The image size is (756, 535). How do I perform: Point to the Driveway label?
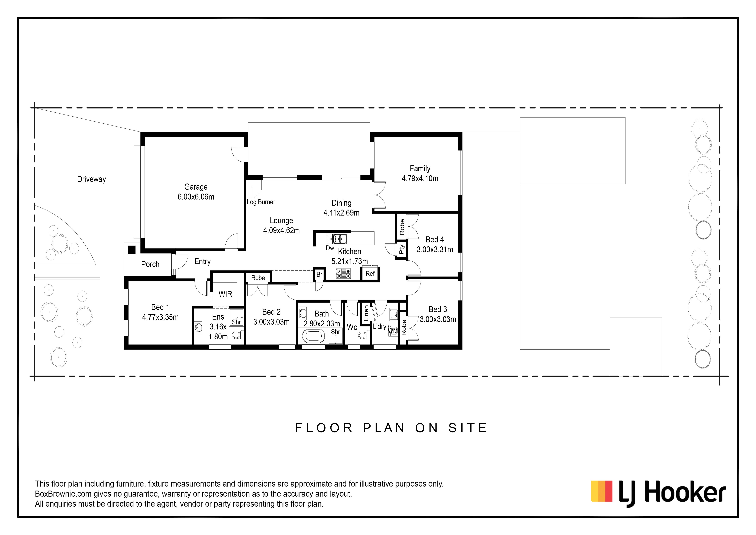(91, 179)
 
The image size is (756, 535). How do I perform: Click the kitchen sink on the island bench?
(339, 238)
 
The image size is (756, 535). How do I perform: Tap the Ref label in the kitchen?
(370, 273)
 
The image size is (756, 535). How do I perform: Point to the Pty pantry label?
(401, 249)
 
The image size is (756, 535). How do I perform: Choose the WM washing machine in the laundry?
(393, 330)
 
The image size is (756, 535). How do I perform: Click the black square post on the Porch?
(132, 250)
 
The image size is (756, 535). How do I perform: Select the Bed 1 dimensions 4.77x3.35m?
(160, 317)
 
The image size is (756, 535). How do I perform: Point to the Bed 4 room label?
(435, 239)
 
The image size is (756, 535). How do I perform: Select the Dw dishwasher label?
(330, 248)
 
